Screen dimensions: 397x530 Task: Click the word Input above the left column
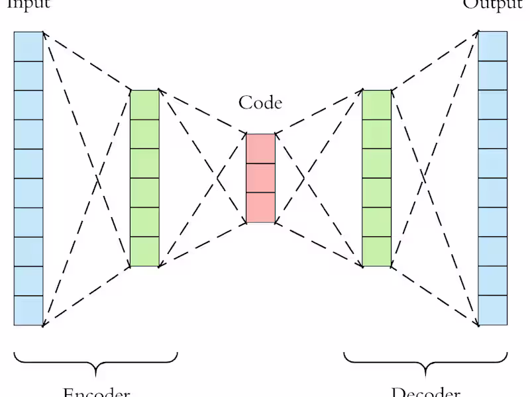coord(28,4)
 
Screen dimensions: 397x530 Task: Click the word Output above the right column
coord(492,4)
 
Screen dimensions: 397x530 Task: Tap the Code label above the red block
coord(260,103)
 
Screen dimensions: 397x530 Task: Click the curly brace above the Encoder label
coord(96,360)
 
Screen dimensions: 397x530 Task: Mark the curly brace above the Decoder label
coord(425,360)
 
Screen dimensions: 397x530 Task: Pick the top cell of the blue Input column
coord(28,46)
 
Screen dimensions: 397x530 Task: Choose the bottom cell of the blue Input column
coord(28,310)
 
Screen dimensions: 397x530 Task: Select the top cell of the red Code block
coord(260,148)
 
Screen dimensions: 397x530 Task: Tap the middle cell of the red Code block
coord(260,178)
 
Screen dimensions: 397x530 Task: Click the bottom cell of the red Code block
coord(260,208)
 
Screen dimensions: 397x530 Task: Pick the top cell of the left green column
coord(144,105)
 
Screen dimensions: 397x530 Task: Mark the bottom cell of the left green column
coord(144,252)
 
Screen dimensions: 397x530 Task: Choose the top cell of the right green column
coord(377,105)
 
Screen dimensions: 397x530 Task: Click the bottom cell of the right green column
coord(377,252)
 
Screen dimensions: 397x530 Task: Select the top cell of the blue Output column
coord(493,46)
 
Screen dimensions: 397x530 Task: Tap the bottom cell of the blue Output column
coord(493,310)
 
